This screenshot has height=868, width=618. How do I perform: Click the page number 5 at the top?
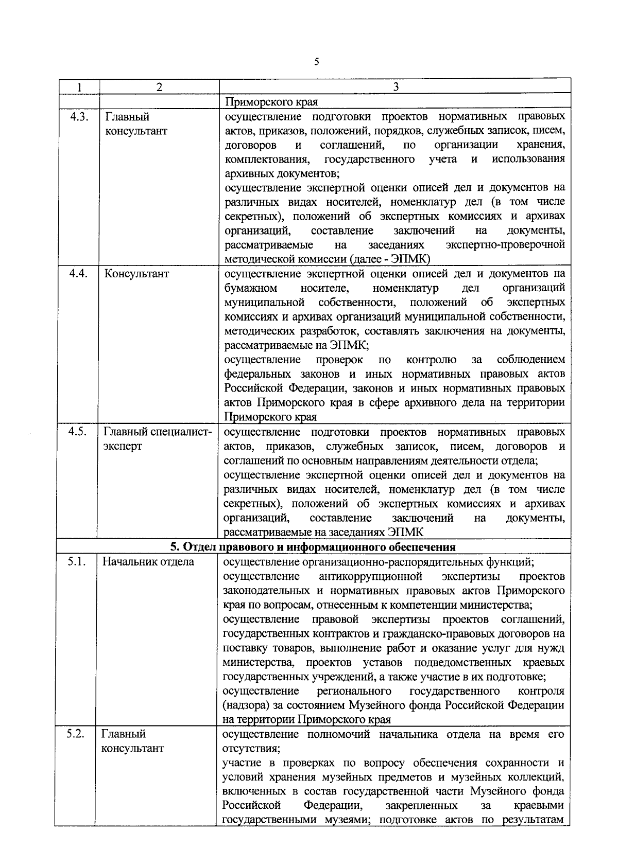click(316, 62)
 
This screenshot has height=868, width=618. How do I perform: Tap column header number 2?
click(159, 87)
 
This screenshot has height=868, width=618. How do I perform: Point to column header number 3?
click(395, 87)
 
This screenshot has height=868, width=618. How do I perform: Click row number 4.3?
click(79, 117)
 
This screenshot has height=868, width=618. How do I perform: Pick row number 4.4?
click(79, 273)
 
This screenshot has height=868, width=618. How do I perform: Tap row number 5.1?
click(77, 561)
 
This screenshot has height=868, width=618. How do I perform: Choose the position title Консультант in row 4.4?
click(136, 274)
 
